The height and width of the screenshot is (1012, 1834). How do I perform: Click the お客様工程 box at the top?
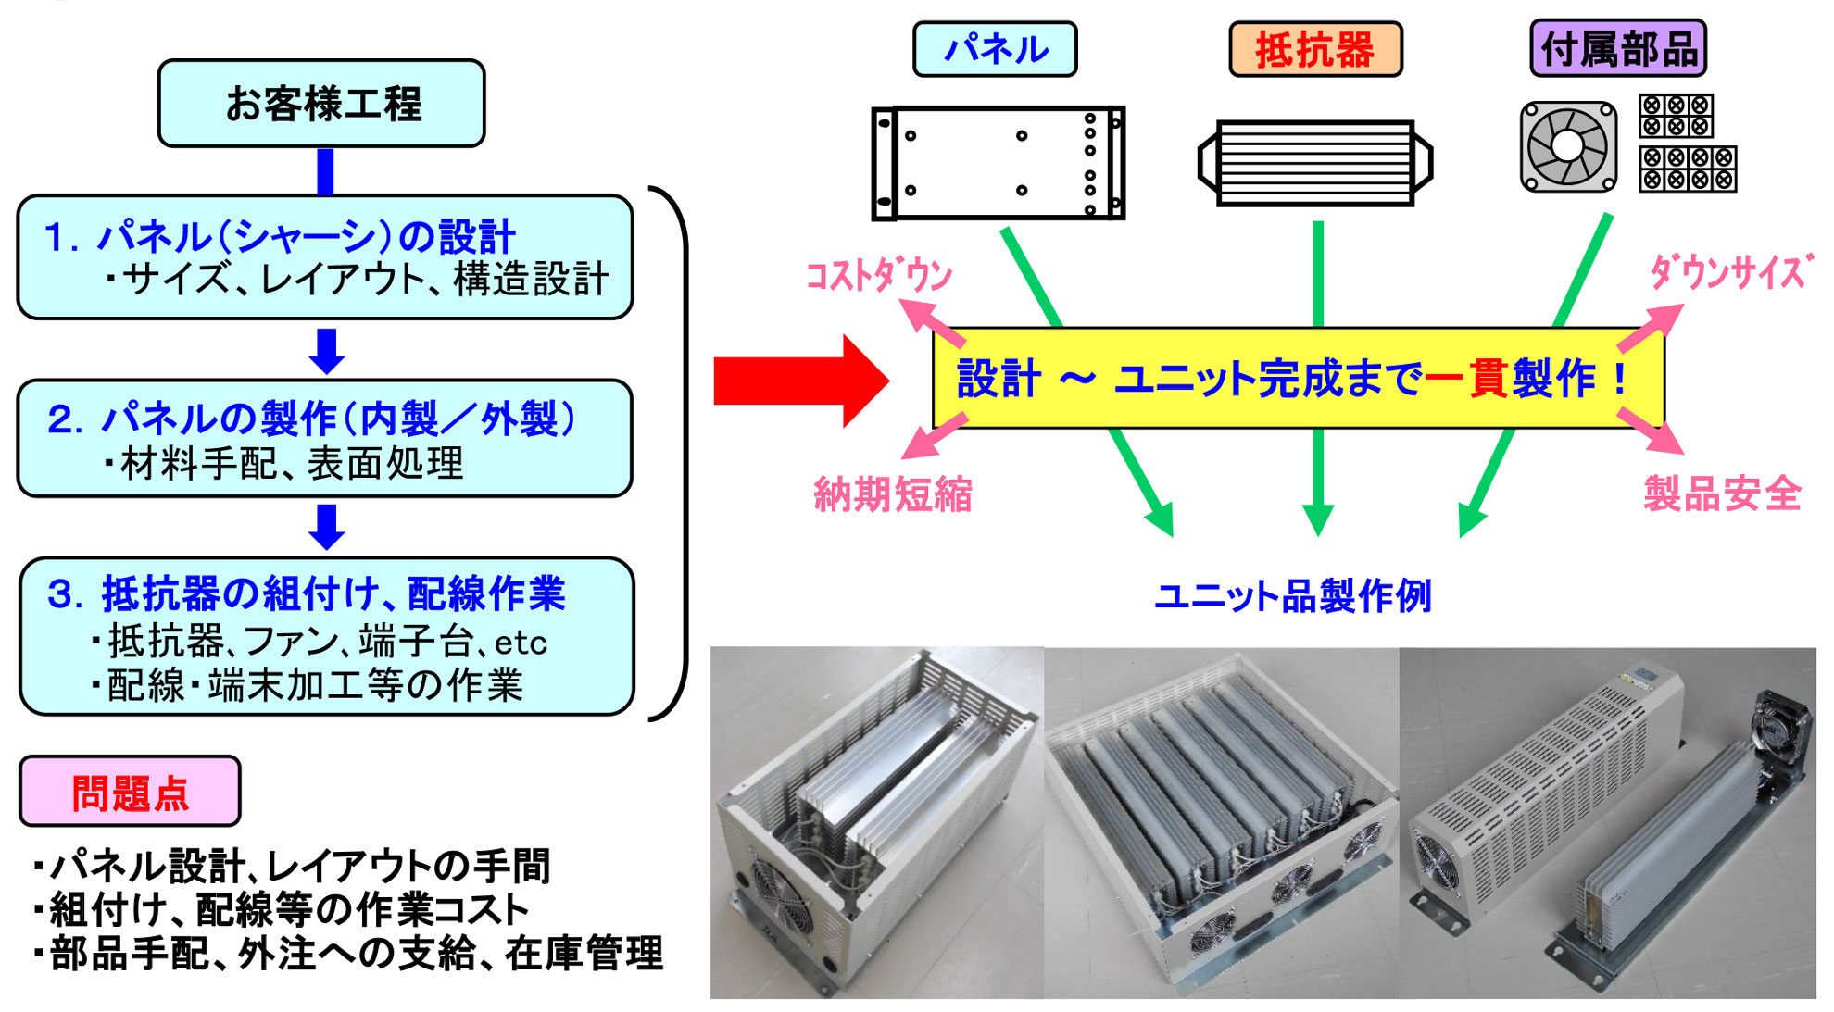tap(321, 104)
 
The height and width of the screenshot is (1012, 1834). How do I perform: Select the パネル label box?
tap(995, 49)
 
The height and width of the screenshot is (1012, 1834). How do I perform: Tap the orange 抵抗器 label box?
tap(1314, 50)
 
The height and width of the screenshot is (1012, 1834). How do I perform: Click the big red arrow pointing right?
tap(800, 381)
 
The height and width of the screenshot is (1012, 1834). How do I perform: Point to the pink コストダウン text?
tap(878, 275)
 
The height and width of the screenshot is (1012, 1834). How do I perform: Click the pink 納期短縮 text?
tap(892, 494)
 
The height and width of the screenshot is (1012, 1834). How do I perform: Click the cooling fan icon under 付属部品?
tap(1568, 146)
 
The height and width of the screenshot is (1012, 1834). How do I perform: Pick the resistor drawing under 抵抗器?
tap(1315, 163)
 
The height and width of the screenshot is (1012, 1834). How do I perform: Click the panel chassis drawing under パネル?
tap(998, 163)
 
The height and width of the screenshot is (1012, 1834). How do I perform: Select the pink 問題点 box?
tap(130, 792)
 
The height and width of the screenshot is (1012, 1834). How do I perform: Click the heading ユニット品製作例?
tap(1292, 595)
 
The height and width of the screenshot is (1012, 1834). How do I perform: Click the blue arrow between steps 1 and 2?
tap(326, 350)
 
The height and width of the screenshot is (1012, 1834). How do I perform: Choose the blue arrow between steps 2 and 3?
tap(326, 526)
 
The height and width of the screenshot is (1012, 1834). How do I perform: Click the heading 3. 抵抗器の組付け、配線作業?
tap(306, 593)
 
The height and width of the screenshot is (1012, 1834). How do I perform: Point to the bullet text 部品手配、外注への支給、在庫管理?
tap(357, 954)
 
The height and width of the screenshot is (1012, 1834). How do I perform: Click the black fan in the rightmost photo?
tap(1780, 731)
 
